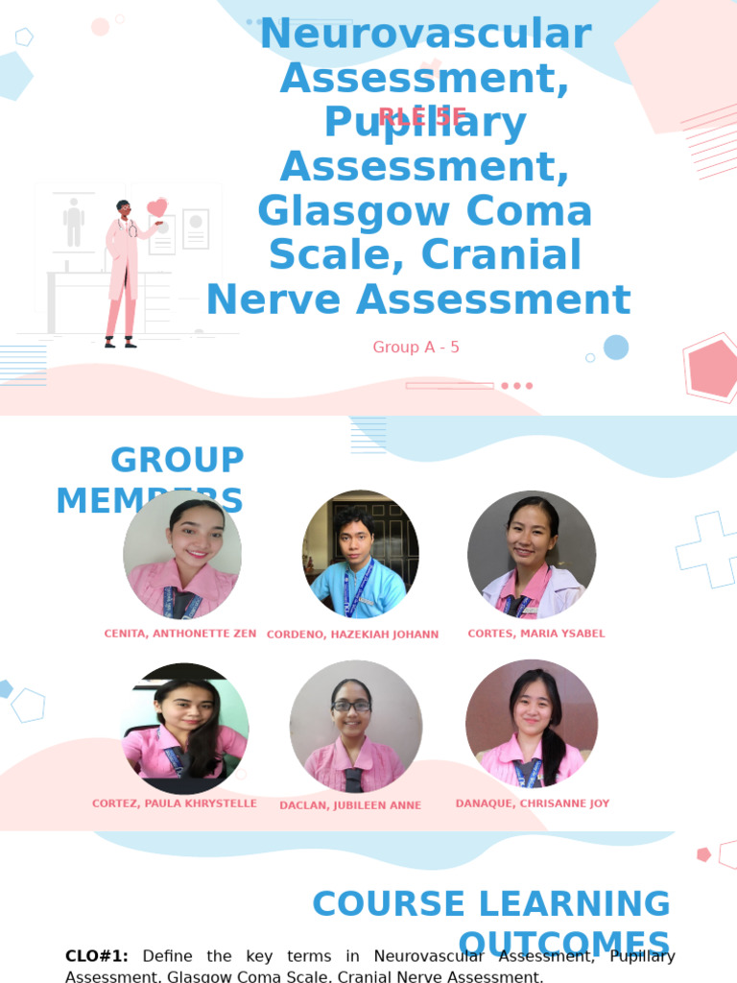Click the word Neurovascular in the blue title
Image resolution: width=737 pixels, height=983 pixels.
425,35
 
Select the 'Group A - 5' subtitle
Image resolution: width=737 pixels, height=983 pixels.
416,347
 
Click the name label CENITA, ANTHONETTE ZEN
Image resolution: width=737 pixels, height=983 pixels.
180,634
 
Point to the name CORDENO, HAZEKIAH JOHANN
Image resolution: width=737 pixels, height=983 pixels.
352,635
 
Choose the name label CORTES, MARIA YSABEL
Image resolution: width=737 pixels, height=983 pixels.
536,634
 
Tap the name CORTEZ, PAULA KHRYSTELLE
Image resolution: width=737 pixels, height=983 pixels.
175,803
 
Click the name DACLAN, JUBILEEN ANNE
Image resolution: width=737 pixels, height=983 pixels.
350,805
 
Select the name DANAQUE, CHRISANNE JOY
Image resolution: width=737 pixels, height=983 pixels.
533,803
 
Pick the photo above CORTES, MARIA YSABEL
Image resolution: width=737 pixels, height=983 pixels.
532,554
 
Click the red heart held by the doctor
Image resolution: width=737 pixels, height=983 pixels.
156,207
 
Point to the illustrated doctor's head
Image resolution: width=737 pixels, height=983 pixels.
124,208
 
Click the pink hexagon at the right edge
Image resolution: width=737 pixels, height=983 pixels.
714,369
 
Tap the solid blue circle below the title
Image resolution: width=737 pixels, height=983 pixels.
616,348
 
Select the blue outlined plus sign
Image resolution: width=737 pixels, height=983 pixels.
707,549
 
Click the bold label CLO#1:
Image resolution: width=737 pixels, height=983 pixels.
96,956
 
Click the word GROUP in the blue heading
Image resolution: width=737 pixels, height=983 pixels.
178,460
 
